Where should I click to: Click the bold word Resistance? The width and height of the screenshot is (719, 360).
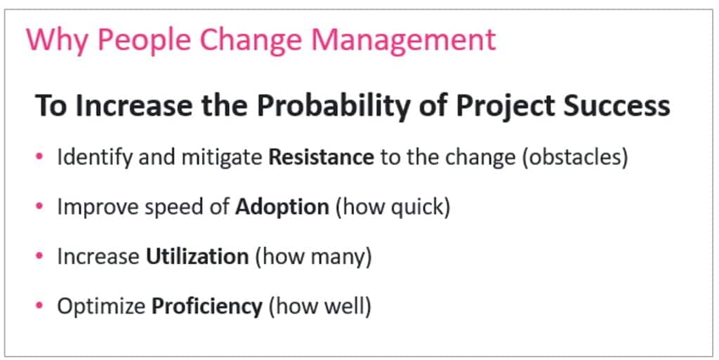click(321, 157)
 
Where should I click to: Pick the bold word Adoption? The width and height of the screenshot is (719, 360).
click(282, 207)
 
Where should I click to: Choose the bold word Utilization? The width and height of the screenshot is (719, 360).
click(197, 256)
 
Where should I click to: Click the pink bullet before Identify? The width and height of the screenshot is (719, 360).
click(39, 156)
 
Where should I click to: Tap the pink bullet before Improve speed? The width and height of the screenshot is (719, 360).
click(39, 206)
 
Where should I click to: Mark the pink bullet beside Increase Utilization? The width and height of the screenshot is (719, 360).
click(39, 255)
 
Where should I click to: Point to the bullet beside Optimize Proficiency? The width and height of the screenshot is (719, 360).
click(39, 305)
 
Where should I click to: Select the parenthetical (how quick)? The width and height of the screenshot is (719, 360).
click(393, 207)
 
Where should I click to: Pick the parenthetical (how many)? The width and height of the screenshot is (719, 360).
click(313, 257)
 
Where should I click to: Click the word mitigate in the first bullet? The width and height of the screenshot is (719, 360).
click(222, 158)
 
